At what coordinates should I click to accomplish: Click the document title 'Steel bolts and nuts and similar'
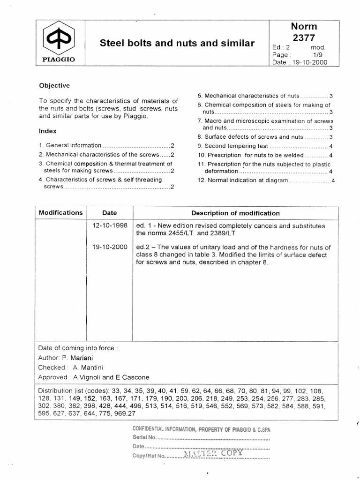tap(177, 44)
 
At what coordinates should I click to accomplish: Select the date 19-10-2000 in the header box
tap(309, 62)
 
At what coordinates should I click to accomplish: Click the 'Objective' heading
tap(54, 86)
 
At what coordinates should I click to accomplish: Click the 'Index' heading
tap(47, 131)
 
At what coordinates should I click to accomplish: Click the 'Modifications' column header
tap(60, 212)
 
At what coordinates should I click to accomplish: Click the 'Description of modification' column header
tap(235, 213)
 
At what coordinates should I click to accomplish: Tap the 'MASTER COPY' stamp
tap(213, 453)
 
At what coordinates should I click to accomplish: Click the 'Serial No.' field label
tap(144, 437)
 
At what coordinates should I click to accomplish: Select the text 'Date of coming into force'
tap(75, 349)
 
